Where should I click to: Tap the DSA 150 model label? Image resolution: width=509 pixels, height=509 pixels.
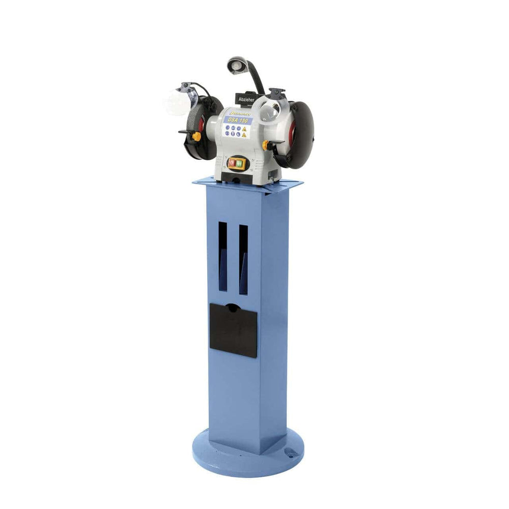pyautogui.click(x=238, y=120)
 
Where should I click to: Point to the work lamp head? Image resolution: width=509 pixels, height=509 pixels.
pyautogui.click(x=235, y=65)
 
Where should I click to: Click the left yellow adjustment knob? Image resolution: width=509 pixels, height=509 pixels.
pyautogui.click(x=196, y=136)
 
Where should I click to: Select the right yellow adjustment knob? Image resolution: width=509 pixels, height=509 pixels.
pyautogui.click(x=265, y=145)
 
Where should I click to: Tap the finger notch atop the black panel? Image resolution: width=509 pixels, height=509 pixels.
pyautogui.click(x=233, y=307)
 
